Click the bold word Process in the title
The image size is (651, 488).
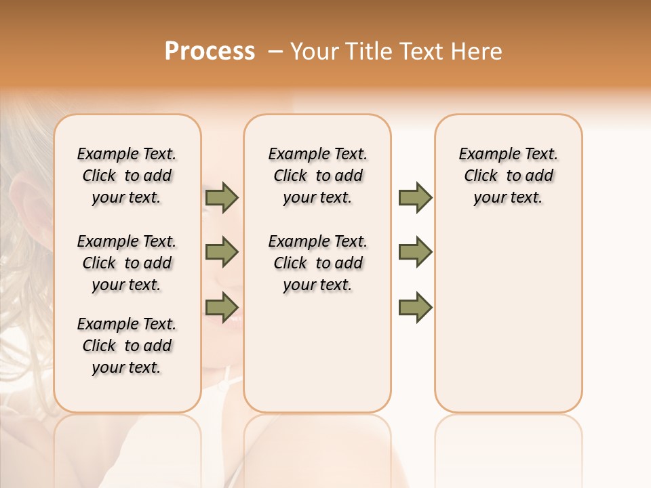(x=210, y=52)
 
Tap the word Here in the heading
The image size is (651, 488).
(x=477, y=52)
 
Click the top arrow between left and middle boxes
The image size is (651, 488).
(x=222, y=197)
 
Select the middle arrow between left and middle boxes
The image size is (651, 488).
(x=222, y=252)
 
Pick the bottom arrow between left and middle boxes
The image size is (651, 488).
(x=222, y=307)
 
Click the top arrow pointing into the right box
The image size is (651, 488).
(x=415, y=197)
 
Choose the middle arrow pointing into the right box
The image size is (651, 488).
(x=415, y=252)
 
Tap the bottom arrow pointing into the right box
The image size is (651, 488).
(x=415, y=307)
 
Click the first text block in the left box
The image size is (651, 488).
(x=127, y=176)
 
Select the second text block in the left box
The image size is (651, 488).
(x=127, y=263)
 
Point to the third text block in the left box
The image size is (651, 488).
(x=127, y=346)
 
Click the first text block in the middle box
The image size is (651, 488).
(x=317, y=176)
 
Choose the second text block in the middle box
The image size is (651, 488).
(x=317, y=263)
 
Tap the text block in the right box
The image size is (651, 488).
(x=509, y=176)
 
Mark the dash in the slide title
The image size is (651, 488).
(x=275, y=52)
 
